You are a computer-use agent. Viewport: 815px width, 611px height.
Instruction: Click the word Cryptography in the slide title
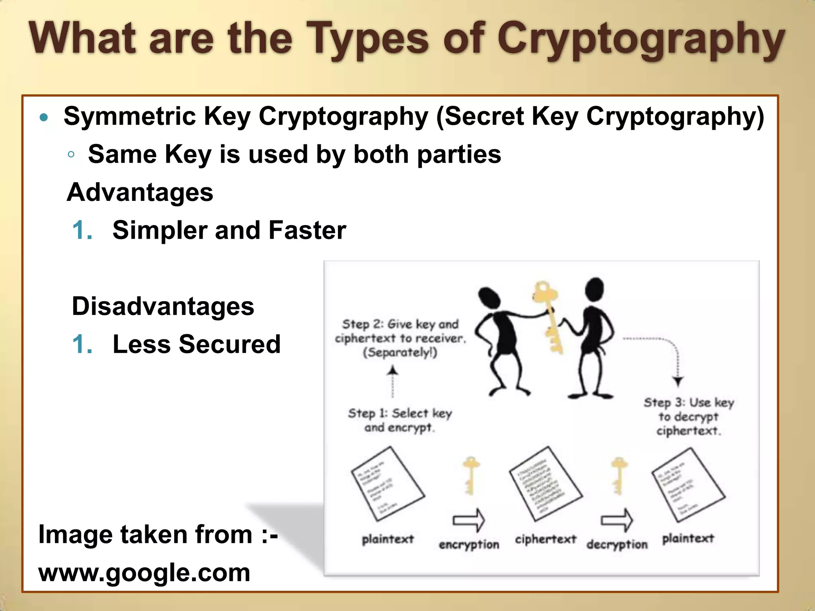641,40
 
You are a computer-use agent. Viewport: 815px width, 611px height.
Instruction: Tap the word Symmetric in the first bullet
130,116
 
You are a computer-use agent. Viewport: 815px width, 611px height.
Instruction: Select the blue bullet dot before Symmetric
44,117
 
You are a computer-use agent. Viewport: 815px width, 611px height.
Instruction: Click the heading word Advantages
140,193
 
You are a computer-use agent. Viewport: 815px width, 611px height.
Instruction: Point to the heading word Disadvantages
163,306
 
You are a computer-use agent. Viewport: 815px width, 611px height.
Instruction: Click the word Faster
307,230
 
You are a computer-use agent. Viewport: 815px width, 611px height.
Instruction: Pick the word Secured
230,344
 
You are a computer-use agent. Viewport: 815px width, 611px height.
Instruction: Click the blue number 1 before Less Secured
82,344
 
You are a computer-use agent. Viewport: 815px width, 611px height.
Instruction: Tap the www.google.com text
144,573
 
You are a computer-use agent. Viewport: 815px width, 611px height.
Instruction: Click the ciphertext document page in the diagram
546,483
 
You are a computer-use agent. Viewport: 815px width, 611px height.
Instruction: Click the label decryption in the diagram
617,544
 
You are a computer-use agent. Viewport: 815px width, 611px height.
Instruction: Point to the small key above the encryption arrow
470,475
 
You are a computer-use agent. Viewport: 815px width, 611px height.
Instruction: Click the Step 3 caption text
689,416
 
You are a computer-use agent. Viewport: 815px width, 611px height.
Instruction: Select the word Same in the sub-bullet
123,154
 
